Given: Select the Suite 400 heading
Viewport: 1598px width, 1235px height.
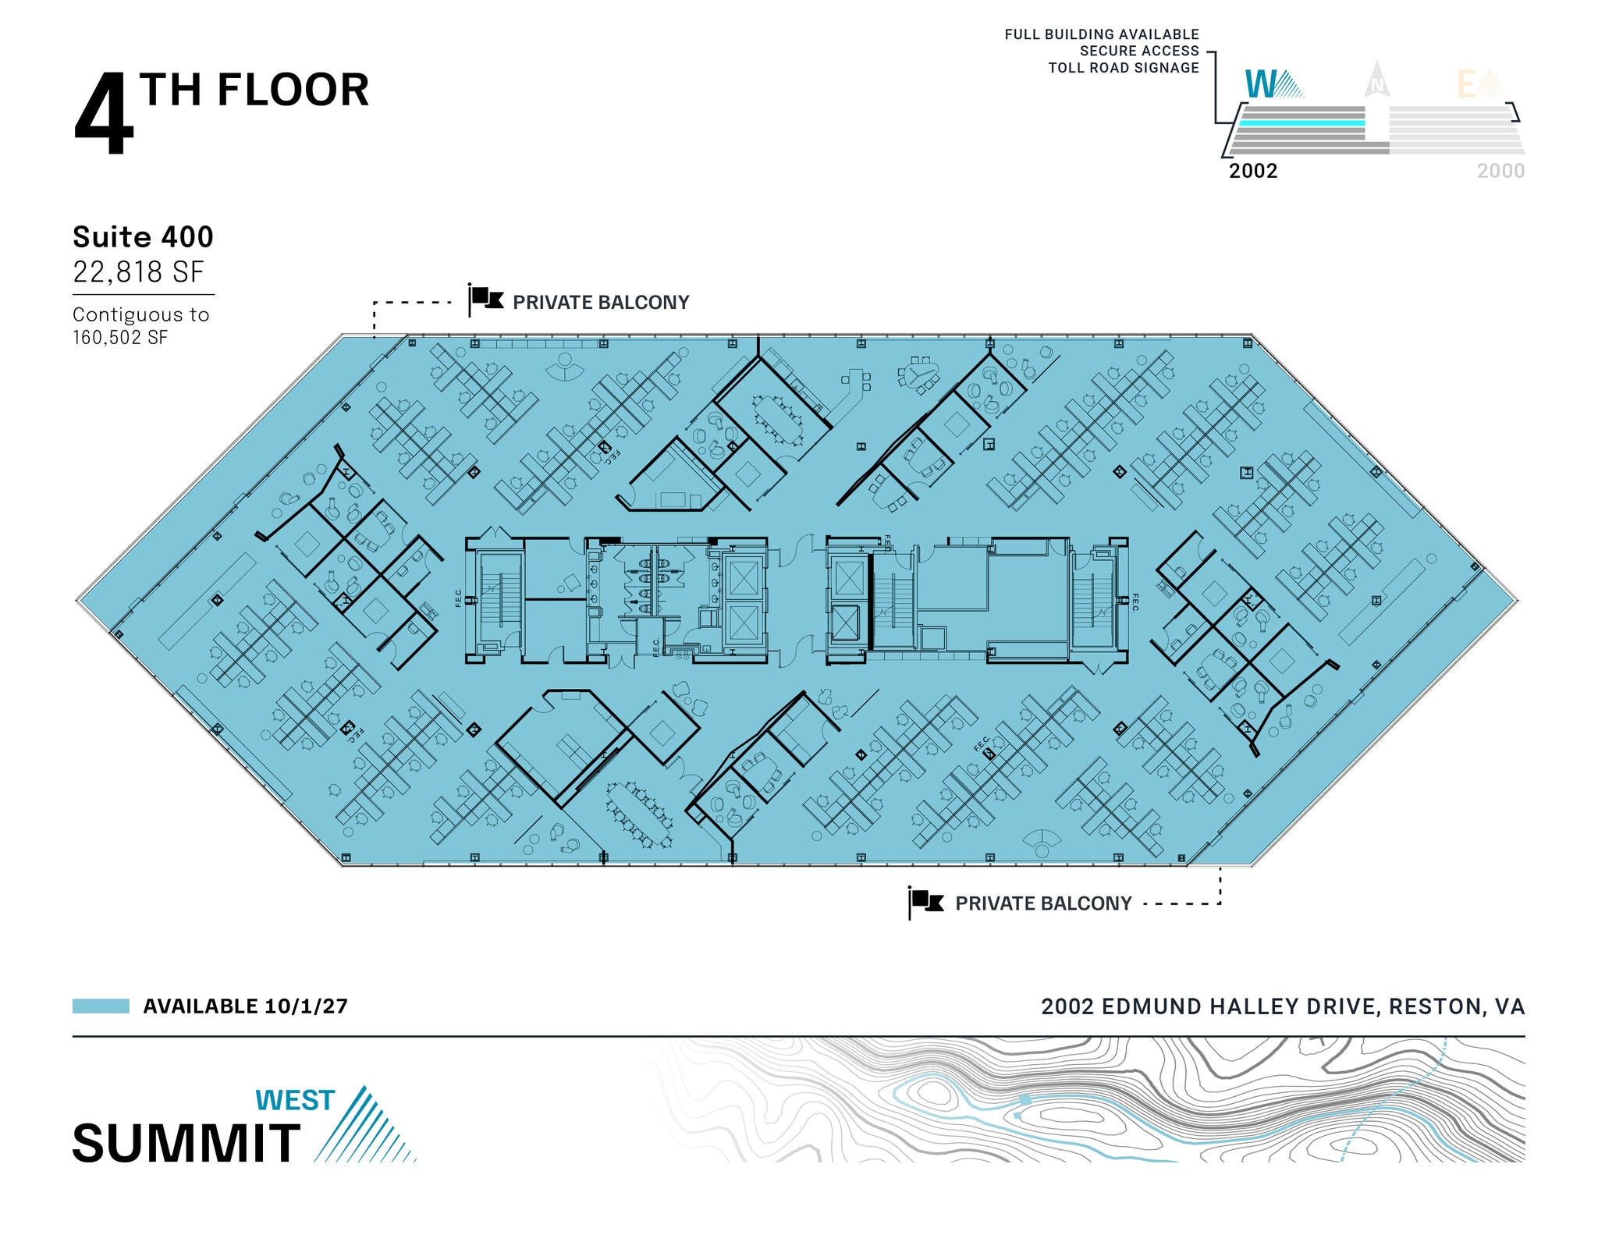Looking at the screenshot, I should [143, 237].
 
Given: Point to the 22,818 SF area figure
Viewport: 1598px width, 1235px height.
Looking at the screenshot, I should [138, 272].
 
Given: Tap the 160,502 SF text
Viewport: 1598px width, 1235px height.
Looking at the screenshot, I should [120, 338].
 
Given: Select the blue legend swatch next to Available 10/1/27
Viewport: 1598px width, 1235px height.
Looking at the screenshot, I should [101, 1006].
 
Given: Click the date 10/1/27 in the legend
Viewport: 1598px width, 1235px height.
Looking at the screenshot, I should [306, 1006].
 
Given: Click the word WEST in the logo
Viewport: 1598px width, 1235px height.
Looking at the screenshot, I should [295, 1101].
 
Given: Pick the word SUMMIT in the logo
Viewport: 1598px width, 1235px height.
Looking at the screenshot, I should [186, 1144].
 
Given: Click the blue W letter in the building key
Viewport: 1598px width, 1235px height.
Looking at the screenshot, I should [1260, 84].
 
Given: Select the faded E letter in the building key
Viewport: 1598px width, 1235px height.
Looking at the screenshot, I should [1466, 85].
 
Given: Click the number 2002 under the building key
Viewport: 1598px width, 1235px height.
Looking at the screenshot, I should [1253, 171].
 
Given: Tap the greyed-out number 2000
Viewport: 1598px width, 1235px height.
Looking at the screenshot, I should [1500, 171].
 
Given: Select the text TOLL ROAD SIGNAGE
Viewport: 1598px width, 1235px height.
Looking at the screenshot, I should [1124, 68].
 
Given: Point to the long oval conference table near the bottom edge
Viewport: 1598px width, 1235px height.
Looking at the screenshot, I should [640, 814].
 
